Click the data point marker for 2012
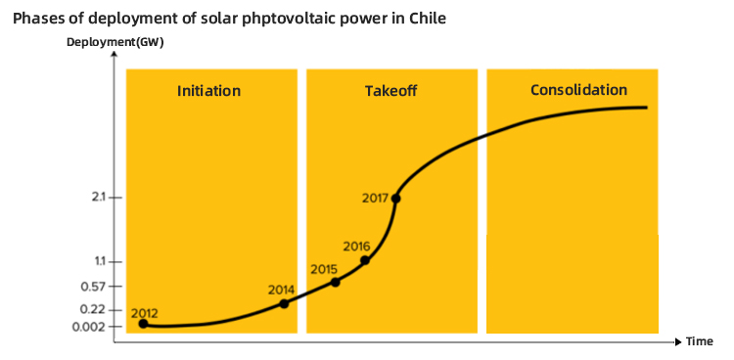tap(144, 324)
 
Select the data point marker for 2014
tap(285, 303)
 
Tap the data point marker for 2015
tap(336, 282)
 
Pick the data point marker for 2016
tap(365, 260)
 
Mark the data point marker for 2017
tap(395, 199)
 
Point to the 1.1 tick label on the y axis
tap(99, 261)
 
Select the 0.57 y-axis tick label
tap(95, 287)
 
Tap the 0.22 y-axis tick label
tap(95, 309)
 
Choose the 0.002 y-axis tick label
tap(91, 326)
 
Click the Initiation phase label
tap(208, 91)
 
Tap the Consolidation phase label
tap(578, 90)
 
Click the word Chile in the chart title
tap(427, 17)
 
